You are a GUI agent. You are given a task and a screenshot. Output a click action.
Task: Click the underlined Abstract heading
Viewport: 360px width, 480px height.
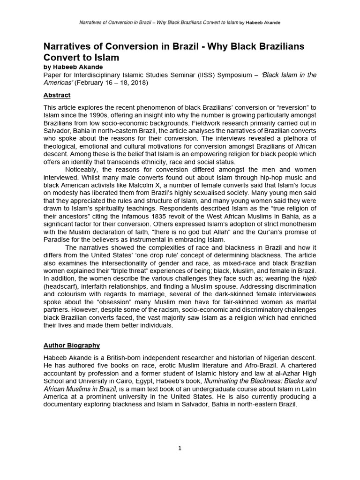click(57, 95)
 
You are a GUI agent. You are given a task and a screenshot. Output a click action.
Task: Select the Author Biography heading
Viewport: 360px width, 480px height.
click(71, 345)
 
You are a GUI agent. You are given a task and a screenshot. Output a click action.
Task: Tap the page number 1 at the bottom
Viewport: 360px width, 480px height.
click(180, 448)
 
